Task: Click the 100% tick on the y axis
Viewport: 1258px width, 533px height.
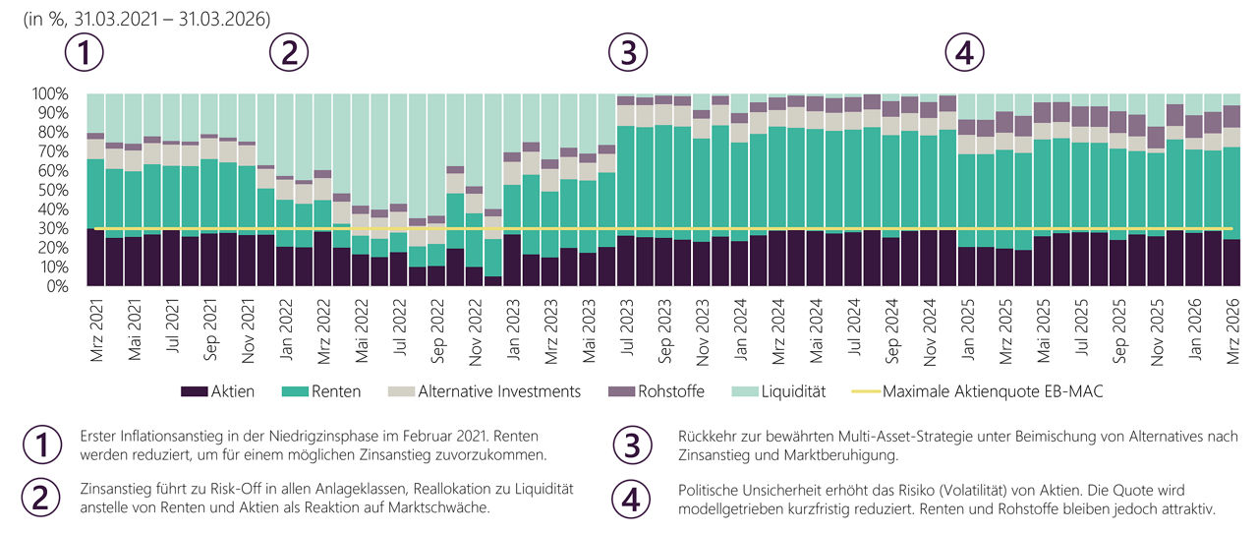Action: click(x=50, y=93)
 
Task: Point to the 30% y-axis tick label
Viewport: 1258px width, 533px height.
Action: click(x=53, y=228)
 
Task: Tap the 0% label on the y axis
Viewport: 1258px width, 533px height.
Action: click(x=57, y=286)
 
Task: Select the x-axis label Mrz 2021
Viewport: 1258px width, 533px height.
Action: click(x=96, y=330)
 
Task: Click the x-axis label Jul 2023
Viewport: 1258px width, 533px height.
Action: click(x=627, y=327)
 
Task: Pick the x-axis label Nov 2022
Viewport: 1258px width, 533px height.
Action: click(x=475, y=331)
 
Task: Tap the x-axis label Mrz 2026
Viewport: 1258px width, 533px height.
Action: click(x=1232, y=330)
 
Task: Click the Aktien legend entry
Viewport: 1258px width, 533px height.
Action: click(x=217, y=391)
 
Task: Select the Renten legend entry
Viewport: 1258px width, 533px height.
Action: click(x=321, y=391)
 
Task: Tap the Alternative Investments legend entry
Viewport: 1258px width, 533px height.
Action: click(x=485, y=391)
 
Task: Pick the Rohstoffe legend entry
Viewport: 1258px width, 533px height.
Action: click(x=656, y=391)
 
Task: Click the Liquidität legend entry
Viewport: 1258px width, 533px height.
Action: click(x=778, y=391)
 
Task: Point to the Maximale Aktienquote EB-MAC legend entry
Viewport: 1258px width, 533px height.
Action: click(x=977, y=391)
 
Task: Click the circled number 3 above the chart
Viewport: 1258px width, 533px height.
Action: click(x=628, y=52)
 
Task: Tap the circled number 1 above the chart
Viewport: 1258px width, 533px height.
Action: click(x=85, y=52)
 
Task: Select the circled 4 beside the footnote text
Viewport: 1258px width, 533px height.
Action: click(x=631, y=499)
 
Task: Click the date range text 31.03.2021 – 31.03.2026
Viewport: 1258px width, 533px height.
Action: click(x=172, y=19)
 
